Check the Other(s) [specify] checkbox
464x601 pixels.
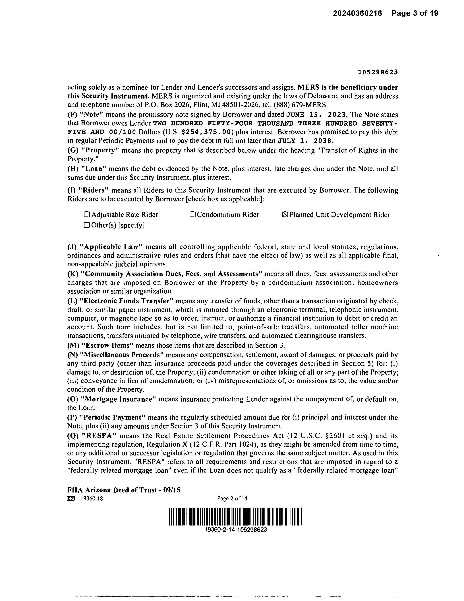tap(87, 225)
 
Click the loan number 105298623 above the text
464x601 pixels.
tap(378, 72)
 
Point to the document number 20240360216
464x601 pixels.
tap(357, 13)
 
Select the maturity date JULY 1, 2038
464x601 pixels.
tap(305, 141)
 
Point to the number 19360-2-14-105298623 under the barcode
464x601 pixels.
tap(236, 530)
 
